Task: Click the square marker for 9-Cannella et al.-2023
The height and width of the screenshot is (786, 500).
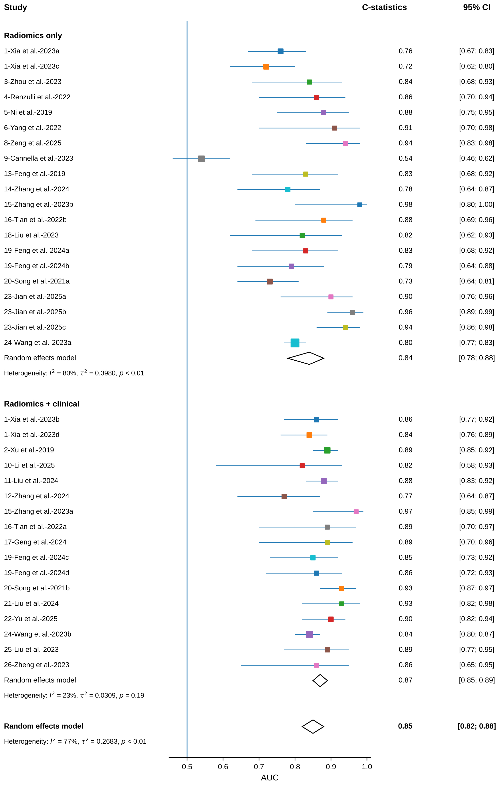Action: (x=201, y=159)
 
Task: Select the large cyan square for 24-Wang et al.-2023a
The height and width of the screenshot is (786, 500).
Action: (x=295, y=343)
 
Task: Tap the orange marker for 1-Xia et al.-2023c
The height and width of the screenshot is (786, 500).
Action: (x=266, y=67)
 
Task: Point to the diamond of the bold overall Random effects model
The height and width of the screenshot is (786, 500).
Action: (x=313, y=726)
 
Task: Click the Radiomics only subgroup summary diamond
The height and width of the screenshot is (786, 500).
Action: (x=306, y=358)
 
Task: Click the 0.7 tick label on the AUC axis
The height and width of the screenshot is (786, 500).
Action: (x=259, y=766)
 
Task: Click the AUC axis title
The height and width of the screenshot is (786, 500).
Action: (x=270, y=778)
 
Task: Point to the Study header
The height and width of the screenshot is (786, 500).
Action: (x=15, y=8)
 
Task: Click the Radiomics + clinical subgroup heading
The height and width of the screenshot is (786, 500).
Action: (x=42, y=404)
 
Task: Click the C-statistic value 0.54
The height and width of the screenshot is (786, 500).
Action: (x=405, y=158)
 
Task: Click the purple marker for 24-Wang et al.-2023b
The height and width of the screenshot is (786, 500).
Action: (x=309, y=635)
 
